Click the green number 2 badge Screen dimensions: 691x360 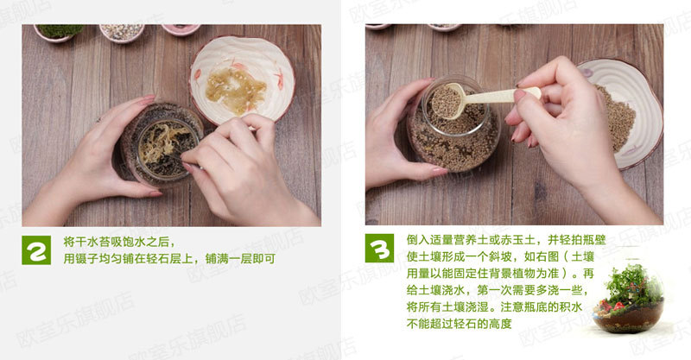point(36,249)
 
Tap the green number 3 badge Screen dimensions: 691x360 point(379,248)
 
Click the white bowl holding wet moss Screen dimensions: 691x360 point(242,79)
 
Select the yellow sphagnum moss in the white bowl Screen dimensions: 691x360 point(236,90)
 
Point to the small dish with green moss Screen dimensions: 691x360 point(59,33)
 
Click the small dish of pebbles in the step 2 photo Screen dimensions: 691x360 point(122,33)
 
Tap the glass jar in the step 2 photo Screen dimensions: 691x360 point(162,143)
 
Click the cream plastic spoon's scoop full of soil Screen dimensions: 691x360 point(446,101)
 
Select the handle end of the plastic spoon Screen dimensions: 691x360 point(531,92)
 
